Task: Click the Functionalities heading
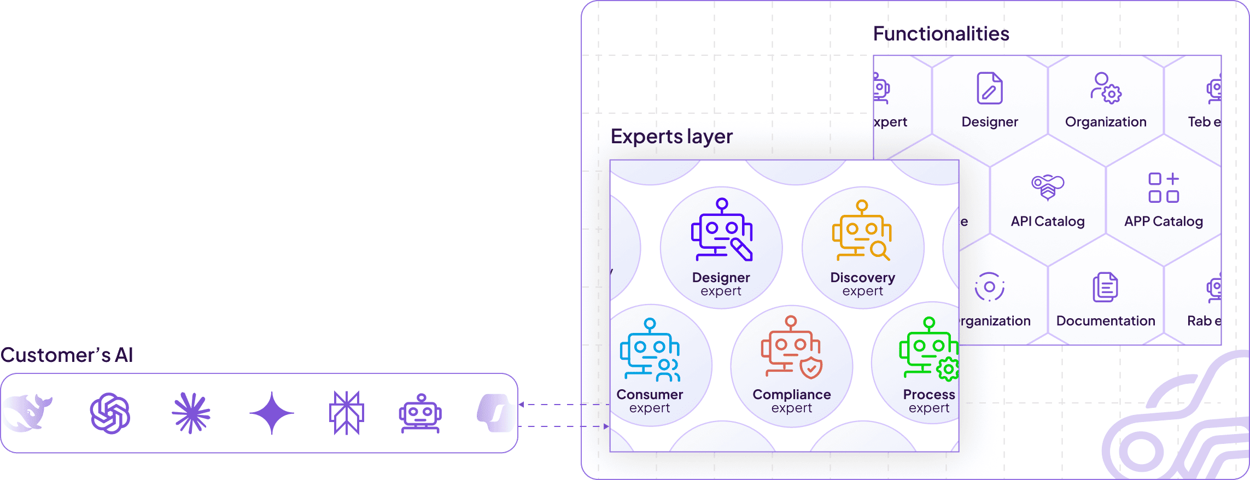tap(941, 34)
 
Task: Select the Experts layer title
tap(671, 137)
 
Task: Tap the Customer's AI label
tap(67, 355)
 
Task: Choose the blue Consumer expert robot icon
tap(650, 350)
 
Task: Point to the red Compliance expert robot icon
tap(791, 348)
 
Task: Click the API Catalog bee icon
tap(1047, 188)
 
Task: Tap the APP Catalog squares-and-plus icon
tap(1164, 188)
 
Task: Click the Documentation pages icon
tap(1105, 287)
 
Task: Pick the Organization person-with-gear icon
tap(1106, 88)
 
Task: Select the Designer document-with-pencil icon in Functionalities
tap(990, 88)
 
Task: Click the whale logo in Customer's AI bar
tap(28, 413)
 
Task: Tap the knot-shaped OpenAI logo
tap(110, 413)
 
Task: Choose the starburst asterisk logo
tap(191, 413)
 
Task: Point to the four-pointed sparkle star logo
tap(272, 413)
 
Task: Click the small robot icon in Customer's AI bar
tap(420, 413)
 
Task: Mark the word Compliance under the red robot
tap(791, 395)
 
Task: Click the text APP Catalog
tap(1164, 221)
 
